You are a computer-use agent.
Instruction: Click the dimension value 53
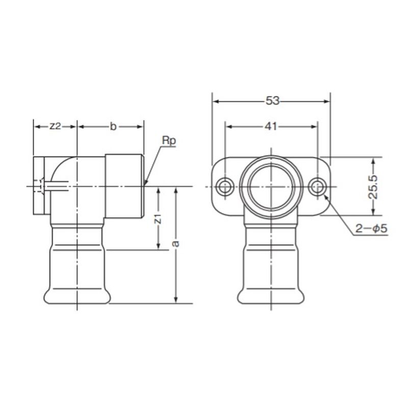(272, 100)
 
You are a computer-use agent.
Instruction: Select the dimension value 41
(271, 126)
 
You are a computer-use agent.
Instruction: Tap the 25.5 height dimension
(373, 187)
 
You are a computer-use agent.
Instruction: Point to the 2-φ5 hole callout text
(371, 228)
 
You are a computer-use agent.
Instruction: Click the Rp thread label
(169, 141)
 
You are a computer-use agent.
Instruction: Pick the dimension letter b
(113, 126)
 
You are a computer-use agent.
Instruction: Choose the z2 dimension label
(55, 126)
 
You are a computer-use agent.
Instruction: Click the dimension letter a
(176, 244)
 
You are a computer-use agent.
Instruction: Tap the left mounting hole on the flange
(224, 187)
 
